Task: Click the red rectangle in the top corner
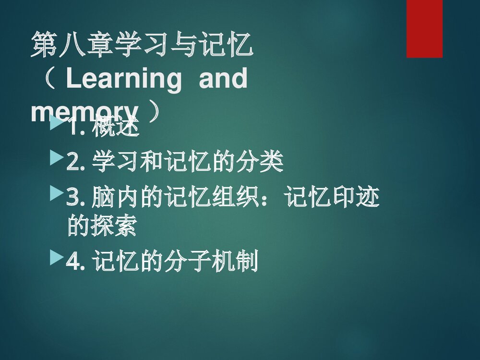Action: tap(424, 28)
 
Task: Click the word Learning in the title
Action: tap(124, 79)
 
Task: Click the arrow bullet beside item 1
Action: tap(56, 126)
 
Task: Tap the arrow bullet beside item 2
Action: tap(56, 157)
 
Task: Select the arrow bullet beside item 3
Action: tap(56, 194)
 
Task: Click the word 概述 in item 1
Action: tap(116, 128)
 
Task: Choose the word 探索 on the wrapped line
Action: tap(114, 226)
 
